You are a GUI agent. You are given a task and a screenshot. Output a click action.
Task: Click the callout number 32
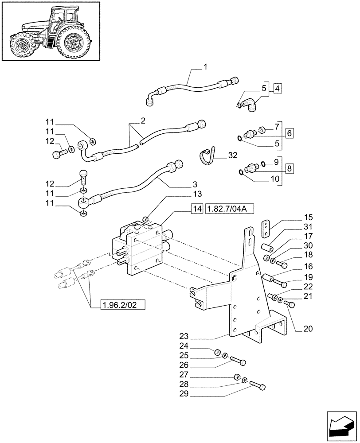click(x=233, y=155)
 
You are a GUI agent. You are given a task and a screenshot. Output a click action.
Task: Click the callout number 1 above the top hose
click(x=205, y=67)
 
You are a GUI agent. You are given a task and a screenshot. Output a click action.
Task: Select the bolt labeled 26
click(x=238, y=361)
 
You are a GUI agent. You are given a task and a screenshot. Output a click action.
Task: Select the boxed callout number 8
click(x=290, y=168)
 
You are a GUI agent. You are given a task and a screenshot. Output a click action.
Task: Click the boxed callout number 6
click(x=289, y=132)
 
